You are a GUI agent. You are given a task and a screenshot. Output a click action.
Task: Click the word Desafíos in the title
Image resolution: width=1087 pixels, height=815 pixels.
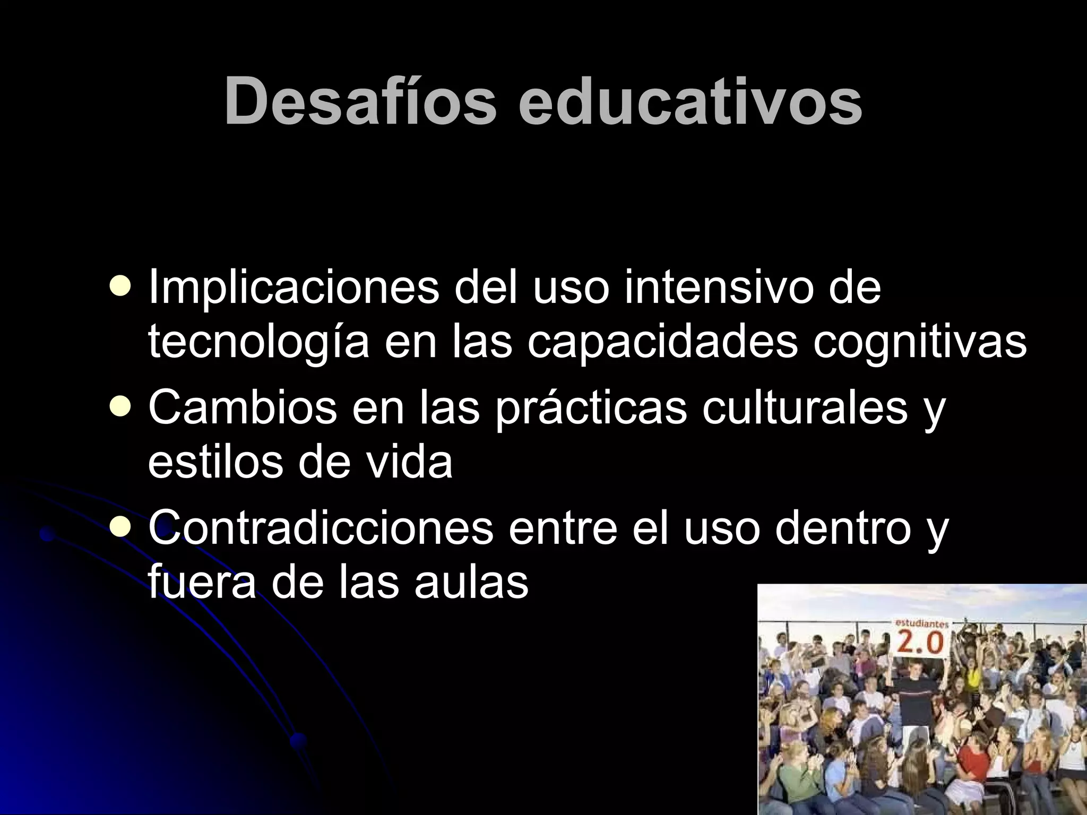point(360,101)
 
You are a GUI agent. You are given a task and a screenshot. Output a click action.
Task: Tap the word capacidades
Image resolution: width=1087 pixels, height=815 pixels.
point(662,342)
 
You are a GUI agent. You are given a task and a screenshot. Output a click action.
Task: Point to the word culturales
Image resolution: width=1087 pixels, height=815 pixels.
point(805,407)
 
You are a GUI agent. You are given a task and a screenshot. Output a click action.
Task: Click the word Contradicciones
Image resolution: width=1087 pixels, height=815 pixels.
point(321,528)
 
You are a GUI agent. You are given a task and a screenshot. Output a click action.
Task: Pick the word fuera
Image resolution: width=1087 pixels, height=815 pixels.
point(202,582)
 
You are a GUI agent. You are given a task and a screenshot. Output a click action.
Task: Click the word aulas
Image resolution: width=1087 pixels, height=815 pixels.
point(471,582)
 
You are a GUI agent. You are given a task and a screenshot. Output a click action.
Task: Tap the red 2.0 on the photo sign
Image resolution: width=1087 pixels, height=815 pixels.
point(920,644)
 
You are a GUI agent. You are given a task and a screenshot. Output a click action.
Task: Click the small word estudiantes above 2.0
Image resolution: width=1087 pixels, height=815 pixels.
point(922,625)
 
